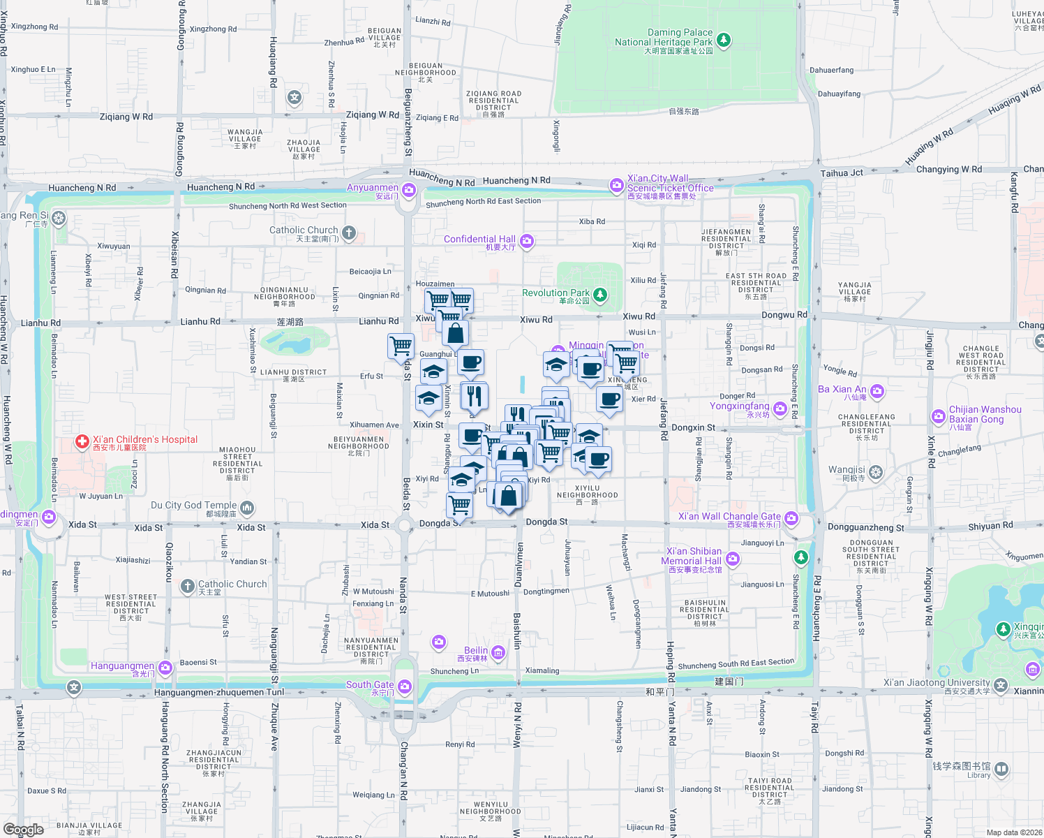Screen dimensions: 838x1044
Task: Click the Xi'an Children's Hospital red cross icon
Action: click(x=82, y=441)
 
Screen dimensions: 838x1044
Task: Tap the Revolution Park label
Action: click(x=555, y=293)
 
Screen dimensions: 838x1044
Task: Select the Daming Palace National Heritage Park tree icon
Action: click(x=724, y=40)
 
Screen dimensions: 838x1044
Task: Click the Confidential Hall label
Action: click(x=479, y=240)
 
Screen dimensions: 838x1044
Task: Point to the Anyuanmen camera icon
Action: click(x=409, y=190)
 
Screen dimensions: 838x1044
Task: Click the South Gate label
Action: click(x=370, y=685)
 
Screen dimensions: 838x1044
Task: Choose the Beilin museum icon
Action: click(x=498, y=653)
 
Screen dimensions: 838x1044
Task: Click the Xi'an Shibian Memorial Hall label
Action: click(x=693, y=557)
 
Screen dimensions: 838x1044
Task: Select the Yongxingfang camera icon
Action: click(x=780, y=409)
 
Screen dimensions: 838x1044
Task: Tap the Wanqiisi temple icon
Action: click(x=876, y=473)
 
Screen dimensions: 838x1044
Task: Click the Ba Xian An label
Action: click(x=842, y=390)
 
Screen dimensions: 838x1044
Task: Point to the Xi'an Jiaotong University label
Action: click(x=937, y=683)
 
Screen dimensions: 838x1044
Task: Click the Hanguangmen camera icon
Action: click(x=165, y=668)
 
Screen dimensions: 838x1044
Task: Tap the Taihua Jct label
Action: click(x=842, y=173)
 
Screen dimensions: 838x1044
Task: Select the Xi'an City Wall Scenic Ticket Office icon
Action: click(x=616, y=185)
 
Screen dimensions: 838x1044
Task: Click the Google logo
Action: click(x=24, y=830)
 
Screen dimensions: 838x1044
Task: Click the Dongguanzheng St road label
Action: click(x=865, y=528)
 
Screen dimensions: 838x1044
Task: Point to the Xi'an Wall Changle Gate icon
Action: click(x=791, y=518)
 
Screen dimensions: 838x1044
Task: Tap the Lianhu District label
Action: click(x=293, y=373)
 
